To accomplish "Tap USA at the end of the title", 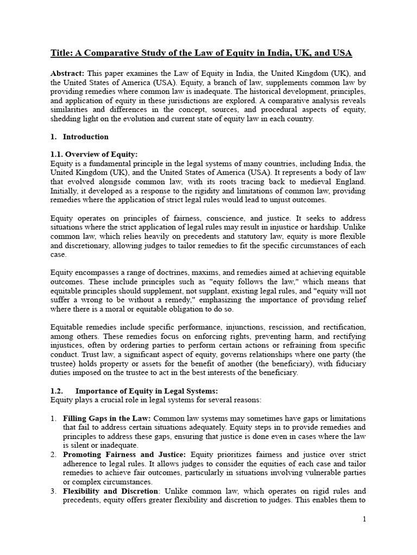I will (341, 53).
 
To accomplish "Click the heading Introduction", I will (86, 137).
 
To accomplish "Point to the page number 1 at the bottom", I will (365, 534).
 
